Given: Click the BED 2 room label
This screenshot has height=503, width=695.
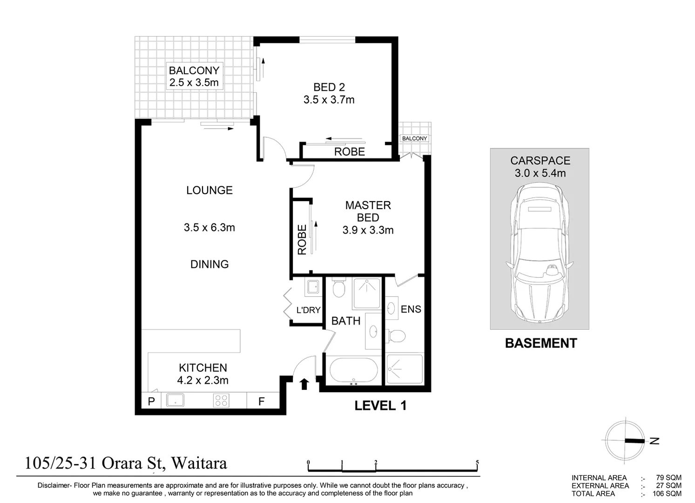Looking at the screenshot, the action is click(329, 87).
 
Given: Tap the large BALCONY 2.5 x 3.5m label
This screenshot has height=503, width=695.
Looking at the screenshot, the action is click(194, 76).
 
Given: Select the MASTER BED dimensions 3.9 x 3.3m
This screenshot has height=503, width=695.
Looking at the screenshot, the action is click(368, 230).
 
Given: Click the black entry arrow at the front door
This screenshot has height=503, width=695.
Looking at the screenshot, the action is click(304, 384).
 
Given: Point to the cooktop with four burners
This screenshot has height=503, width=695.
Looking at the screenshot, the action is click(221, 400).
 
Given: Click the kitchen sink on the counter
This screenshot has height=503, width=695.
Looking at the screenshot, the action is click(175, 400).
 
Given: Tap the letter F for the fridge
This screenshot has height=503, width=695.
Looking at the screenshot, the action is click(262, 401).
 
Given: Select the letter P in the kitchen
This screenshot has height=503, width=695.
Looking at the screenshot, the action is click(151, 401).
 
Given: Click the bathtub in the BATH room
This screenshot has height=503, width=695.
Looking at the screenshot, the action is click(353, 370).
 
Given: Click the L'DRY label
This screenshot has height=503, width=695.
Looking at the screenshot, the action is click(309, 310).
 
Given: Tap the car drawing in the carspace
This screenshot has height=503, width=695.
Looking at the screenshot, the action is click(540, 252).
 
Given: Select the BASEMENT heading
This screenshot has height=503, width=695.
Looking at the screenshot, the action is click(541, 343).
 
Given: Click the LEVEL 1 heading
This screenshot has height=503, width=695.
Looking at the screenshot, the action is click(380, 406).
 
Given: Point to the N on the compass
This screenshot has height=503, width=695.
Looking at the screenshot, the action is click(655, 441).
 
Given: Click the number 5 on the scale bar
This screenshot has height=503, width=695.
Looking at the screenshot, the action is click(477, 462).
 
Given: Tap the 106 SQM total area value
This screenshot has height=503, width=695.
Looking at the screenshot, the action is click(667, 494).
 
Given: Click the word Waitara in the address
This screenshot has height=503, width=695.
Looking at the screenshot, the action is click(199, 463).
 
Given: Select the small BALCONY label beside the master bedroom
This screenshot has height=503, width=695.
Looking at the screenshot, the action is click(414, 138).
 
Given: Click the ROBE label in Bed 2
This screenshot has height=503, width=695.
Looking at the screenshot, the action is click(349, 152).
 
